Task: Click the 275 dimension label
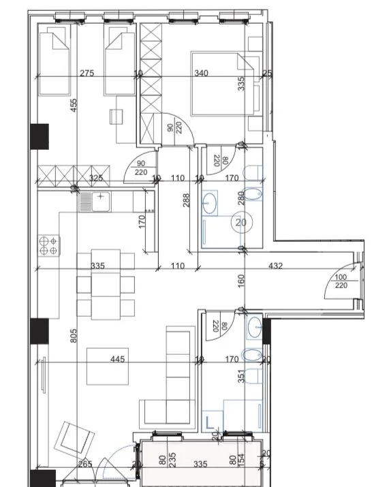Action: click(x=87, y=74)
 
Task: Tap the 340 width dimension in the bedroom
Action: click(x=202, y=74)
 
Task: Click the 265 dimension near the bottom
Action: click(x=85, y=465)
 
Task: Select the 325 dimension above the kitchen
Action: click(x=96, y=178)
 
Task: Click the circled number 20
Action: click(x=241, y=222)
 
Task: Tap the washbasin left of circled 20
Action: click(x=210, y=202)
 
